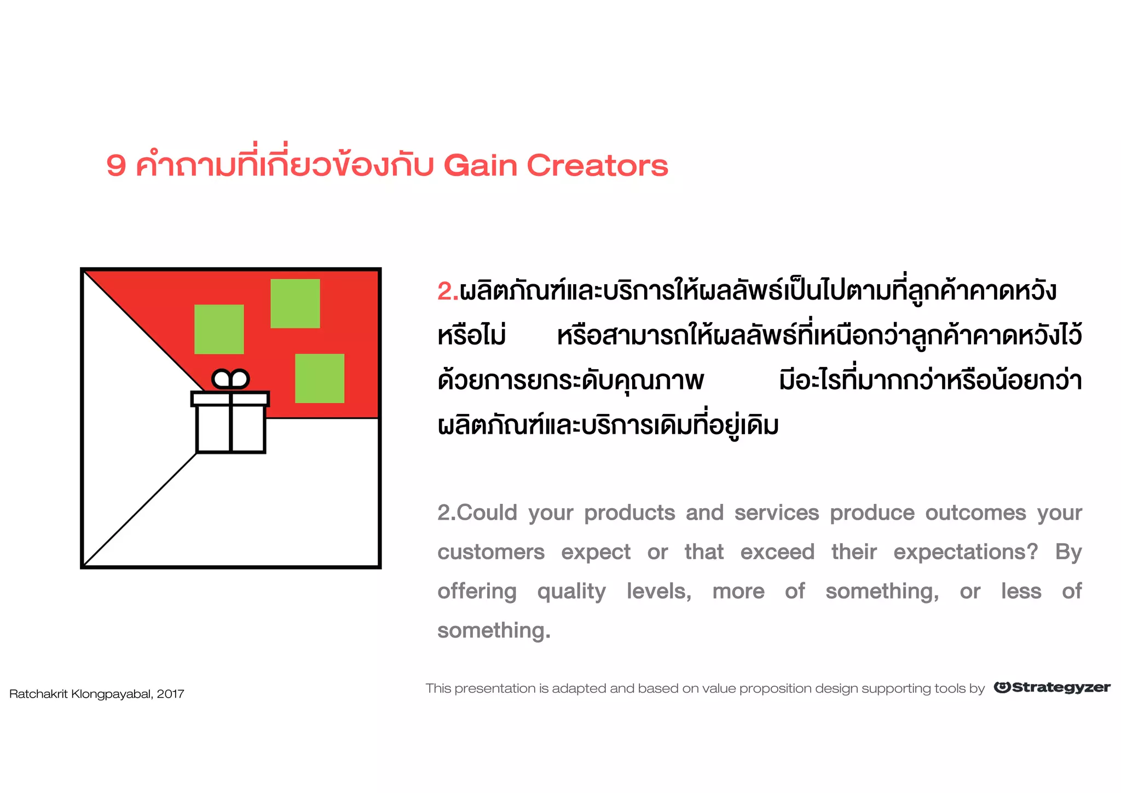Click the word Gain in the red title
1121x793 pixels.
(x=480, y=165)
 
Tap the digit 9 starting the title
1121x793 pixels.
(x=116, y=165)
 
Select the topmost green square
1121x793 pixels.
(x=295, y=303)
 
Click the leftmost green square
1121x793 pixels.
(x=219, y=329)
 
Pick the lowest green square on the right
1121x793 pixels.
(x=320, y=378)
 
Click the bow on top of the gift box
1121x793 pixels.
(x=230, y=379)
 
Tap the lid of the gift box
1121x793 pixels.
(x=230, y=399)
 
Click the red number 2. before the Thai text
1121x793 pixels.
(x=447, y=291)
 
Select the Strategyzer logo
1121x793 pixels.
(x=1052, y=687)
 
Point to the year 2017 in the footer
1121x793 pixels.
(x=170, y=694)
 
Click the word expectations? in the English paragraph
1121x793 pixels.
(x=965, y=552)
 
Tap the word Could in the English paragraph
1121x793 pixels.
(x=487, y=513)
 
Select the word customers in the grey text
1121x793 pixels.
(x=491, y=552)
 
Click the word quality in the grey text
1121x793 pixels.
(x=571, y=591)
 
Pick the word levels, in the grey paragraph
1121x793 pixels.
(x=659, y=591)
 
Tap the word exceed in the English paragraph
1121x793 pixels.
(x=777, y=552)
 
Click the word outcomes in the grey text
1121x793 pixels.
(x=975, y=513)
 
